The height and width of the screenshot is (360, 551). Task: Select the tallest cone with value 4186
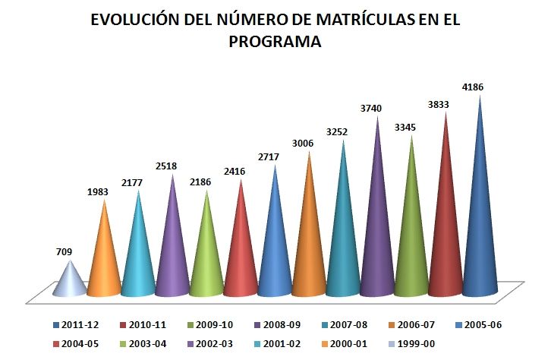click(x=480, y=228)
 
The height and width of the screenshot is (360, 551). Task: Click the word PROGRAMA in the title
click(x=275, y=43)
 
